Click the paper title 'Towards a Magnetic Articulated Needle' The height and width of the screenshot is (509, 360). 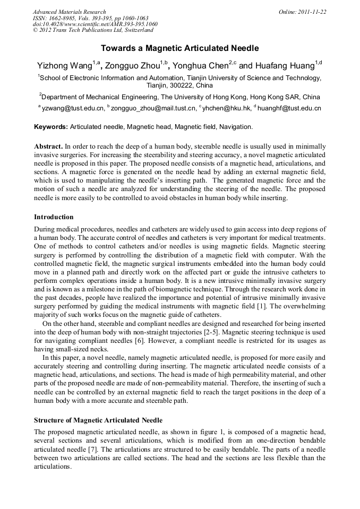tap(179, 48)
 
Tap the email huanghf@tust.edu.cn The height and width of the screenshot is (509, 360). tap(289, 108)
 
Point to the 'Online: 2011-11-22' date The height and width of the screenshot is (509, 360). tap(302, 12)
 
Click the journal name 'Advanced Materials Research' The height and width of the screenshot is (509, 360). tap(69, 12)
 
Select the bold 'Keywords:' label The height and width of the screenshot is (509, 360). tap(51, 127)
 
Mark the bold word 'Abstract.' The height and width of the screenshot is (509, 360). tap(48, 146)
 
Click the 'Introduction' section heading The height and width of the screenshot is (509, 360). tap(54, 217)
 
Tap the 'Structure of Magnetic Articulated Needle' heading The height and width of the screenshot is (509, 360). tap(98, 420)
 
